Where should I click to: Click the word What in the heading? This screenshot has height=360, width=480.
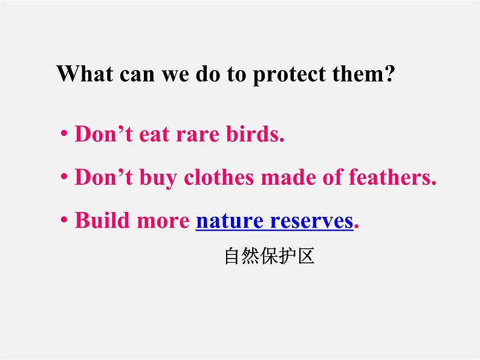tap(85, 75)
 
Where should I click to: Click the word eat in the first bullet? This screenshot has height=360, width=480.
tap(156, 135)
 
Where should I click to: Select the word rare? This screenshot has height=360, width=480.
tap(200, 135)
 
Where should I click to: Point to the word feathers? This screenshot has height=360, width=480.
tap(392, 178)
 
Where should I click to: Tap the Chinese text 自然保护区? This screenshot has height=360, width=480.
tap(270, 257)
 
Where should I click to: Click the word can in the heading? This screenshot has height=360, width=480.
tap(135, 75)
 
